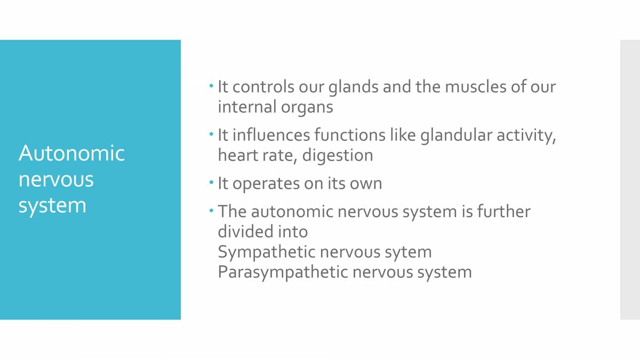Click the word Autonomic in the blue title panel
[x=71, y=154]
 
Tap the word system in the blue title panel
[x=52, y=205]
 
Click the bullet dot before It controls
[x=211, y=85]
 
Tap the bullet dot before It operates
[x=211, y=182]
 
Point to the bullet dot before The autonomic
[x=211, y=210]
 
